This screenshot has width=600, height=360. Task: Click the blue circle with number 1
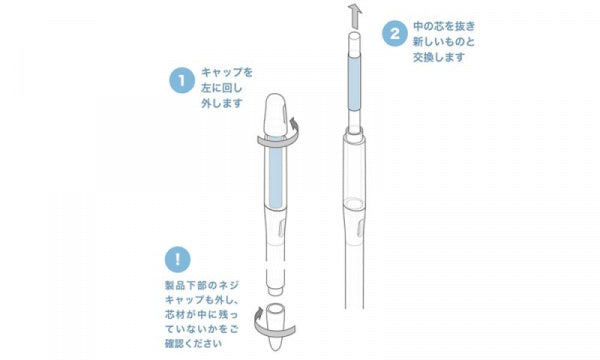tap(182, 80)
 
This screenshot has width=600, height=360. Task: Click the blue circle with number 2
tap(395, 34)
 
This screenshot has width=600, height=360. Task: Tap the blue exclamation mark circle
tap(178, 260)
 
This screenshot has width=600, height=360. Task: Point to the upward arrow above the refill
tap(355, 16)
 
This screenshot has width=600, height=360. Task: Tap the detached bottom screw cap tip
tap(276, 326)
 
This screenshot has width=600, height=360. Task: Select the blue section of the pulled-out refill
tap(354, 83)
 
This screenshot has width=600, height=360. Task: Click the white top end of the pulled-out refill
tap(354, 43)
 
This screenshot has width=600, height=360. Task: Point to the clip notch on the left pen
tap(281, 228)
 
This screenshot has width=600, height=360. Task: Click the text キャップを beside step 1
tap(227, 72)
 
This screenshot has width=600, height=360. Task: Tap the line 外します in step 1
tap(222, 103)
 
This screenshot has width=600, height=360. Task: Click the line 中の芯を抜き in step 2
tap(444, 26)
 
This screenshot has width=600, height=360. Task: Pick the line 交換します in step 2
tap(439, 57)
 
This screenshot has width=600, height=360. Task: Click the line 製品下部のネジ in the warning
tap(202, 285)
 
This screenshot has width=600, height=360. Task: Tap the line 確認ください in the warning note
tap(193, 343)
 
